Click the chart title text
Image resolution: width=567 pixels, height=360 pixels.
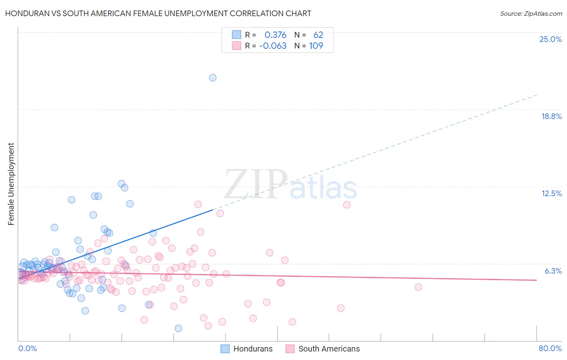coord(158,13)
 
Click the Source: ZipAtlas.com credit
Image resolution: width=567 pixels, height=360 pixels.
coord(531,14)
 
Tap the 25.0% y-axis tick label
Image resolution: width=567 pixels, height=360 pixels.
coord(550,39)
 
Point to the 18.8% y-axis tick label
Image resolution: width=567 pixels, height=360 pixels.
coord(551,116)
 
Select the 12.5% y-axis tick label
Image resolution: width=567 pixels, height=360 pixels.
coord(551,193)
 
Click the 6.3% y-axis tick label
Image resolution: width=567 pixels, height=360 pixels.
coord(553,271)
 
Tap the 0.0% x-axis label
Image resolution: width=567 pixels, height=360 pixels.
coord(27,348)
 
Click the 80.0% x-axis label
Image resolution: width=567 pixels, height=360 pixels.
coord(550,348)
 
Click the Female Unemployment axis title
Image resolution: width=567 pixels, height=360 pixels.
coord(11,184)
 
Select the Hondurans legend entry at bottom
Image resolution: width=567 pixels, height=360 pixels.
coord(247,349)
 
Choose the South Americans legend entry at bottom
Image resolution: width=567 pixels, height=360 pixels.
coord(323,349)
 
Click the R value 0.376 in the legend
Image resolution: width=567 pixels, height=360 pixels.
coord(275,35)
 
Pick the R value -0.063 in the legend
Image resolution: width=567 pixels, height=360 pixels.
coord(273,46)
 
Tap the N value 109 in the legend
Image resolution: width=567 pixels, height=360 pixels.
coord(316,46)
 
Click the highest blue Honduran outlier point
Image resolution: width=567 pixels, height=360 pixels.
coord(213,77)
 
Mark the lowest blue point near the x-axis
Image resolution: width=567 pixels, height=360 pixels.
coord(178,329)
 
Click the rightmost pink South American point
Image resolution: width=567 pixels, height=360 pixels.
coord(418,287)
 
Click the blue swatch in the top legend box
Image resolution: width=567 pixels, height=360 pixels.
coord(236,35)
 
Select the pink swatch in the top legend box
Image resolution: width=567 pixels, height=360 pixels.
coord(236,46)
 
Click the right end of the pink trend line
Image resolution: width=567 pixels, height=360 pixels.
coord(536,280)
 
